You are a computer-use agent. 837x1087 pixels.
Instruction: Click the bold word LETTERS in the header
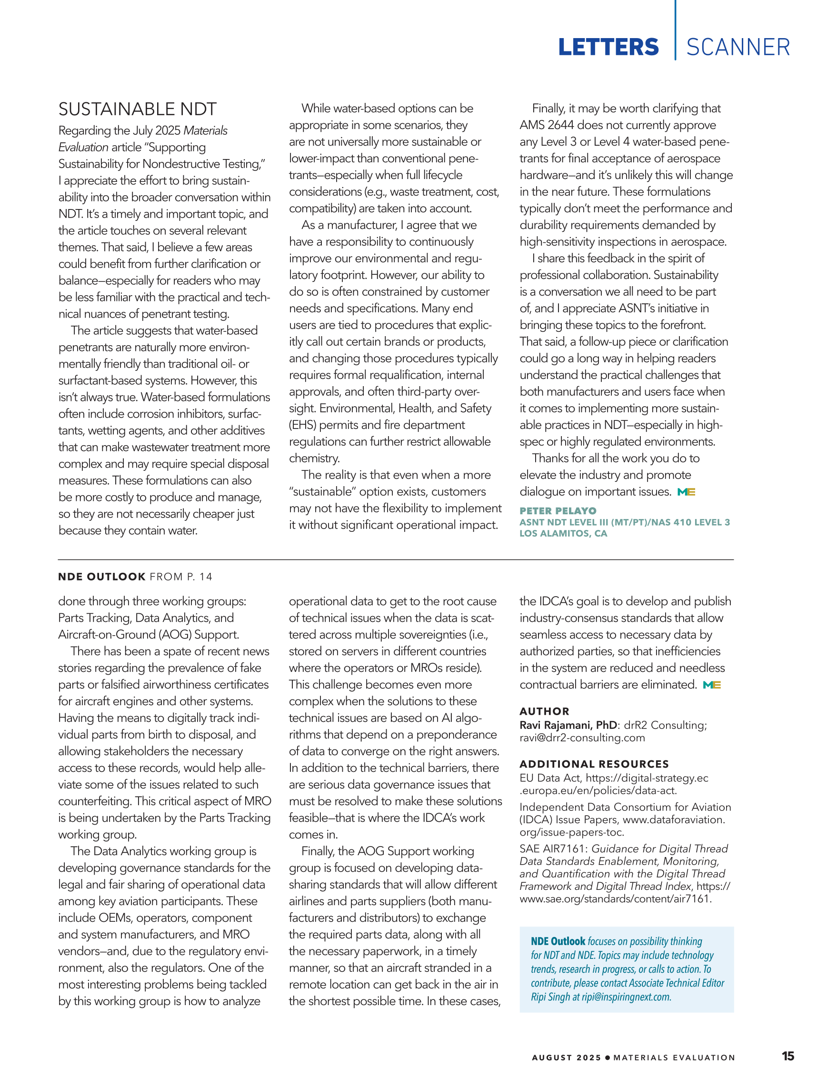(x=608, y=48)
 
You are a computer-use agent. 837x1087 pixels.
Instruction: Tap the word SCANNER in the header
(x=738, y=48)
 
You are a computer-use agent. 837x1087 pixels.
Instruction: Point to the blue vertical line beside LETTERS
(x=675, y=30)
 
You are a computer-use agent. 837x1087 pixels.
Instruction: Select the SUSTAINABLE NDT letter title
(x=137, y=109)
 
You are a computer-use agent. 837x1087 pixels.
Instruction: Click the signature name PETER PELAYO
(x=558, y=511)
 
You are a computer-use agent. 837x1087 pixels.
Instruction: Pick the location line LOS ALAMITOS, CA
(x=563, y=534)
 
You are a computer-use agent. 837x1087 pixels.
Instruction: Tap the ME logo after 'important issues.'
(x=686, y=492)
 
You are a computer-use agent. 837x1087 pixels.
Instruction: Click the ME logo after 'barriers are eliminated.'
(x=712, y=685)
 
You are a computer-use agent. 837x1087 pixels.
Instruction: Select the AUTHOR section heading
(x=544, y=711)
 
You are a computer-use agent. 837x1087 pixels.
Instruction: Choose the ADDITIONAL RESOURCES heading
(x=594, y=764)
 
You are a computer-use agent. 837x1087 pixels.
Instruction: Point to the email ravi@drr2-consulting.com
(x=582, y=738)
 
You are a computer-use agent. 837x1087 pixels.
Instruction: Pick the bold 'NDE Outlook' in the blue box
(x=558, y=941)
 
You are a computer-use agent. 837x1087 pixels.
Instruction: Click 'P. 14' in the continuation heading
(x=199, y=577)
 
